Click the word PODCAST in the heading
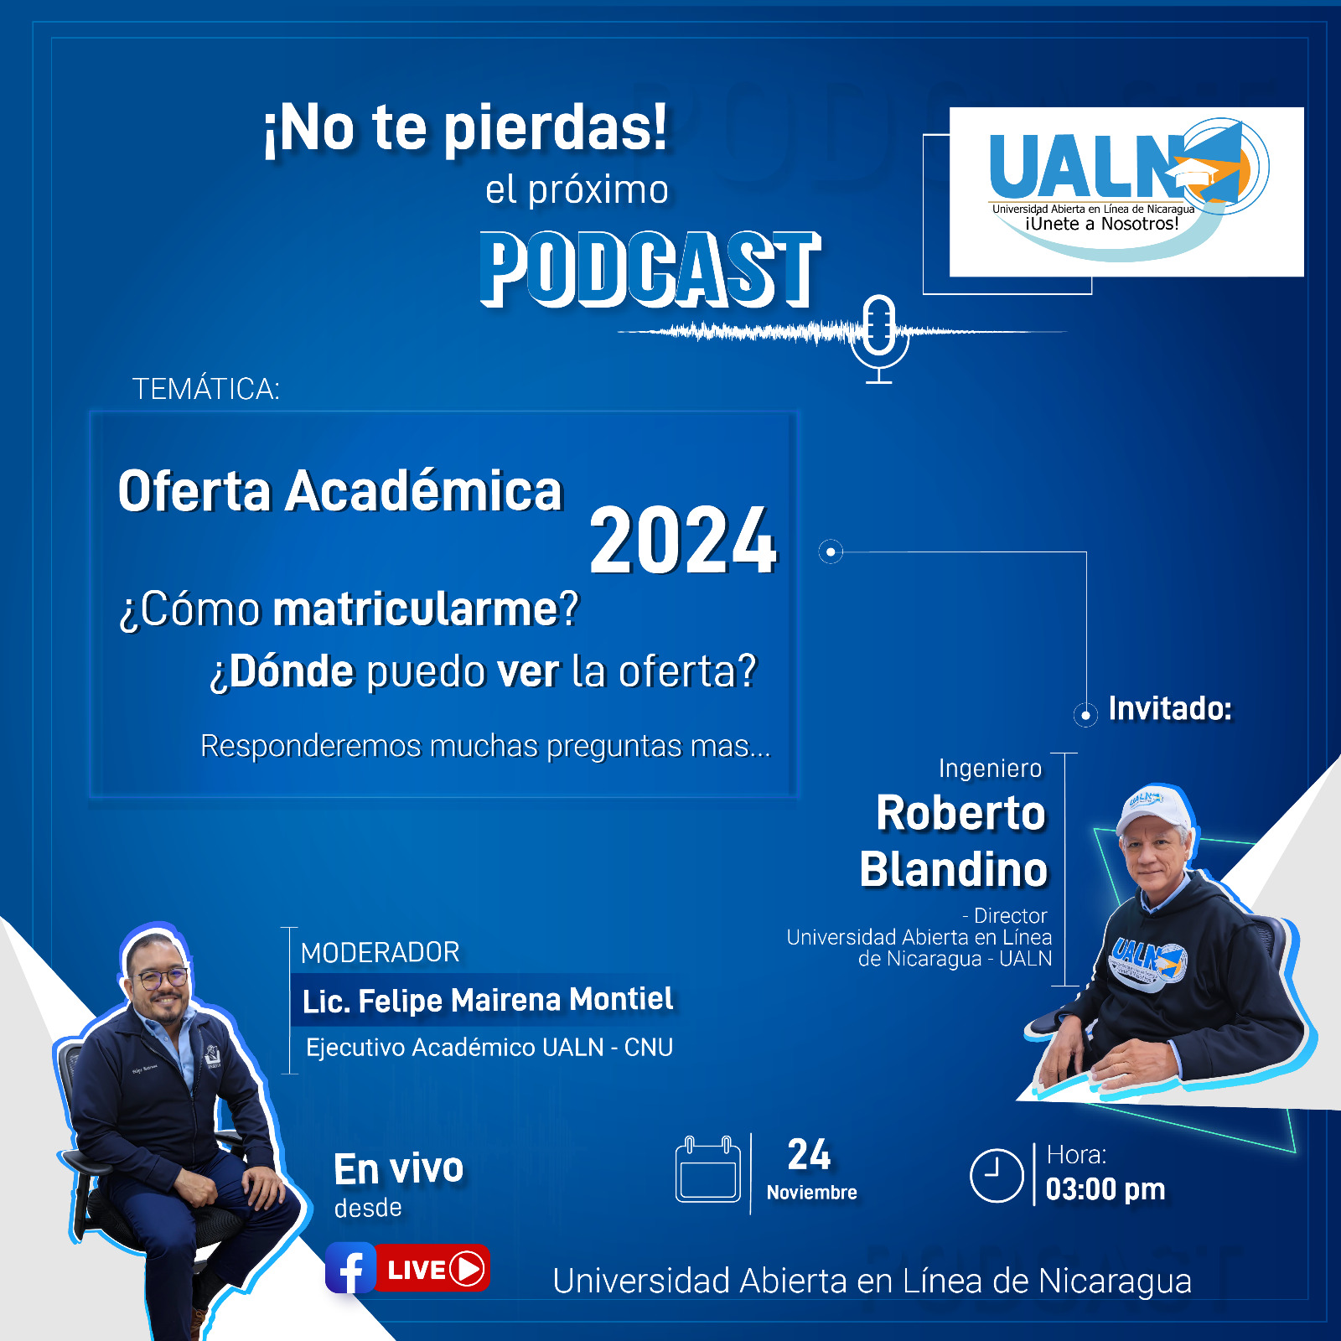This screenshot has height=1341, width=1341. tap(650, 270)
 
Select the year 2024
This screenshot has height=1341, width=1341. tap(683, 541)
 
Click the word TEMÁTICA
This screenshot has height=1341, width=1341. tap(205, 389)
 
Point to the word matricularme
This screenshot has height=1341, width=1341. tap(416, 609)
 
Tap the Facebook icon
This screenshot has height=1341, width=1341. tap(350, 1268)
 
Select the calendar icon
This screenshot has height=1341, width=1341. tap(708, 1169)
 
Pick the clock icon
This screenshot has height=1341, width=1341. tap(997, 1176)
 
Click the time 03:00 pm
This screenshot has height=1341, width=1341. tap(1105, 1189)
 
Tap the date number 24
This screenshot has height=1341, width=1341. tap(809, 1155)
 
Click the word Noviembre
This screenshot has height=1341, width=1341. tap(811, 1193)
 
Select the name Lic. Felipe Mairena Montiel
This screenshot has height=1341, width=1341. tap(488, 1000)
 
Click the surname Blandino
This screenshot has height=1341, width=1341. tap(954, 869)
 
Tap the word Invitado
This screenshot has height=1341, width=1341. tap(1170, 709)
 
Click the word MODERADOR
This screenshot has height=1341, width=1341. tap(381, 952)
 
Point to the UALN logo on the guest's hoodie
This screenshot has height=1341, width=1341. tap(1147, 961)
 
